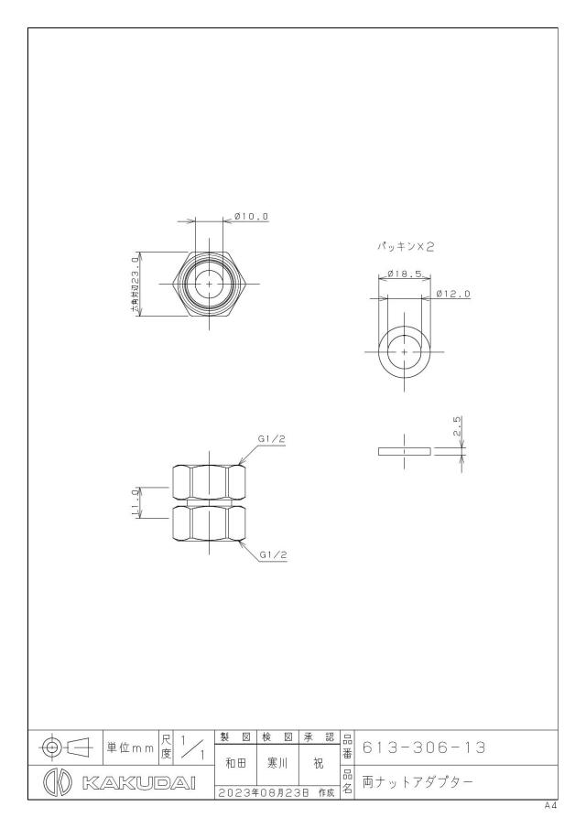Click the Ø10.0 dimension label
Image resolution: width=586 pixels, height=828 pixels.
pyautogui.click(x=252, y=217)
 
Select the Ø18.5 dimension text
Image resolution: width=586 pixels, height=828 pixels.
pyautogui.click(x=404, y=274)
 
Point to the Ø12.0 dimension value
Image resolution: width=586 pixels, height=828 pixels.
pyautogui.click(x=453, y=294)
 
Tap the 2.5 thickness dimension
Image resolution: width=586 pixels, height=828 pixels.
pyautogui.click(x=458, y=426)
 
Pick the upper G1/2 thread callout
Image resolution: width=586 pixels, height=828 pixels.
pyautogui.click(x=272, y=439)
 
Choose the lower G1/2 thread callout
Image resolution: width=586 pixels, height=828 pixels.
pyautogui.click(x=273, y=555)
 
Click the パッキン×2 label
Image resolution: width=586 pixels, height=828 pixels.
pyautogui.click(x=405, y=246)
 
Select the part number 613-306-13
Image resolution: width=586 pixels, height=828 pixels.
pyautogui.click(x=424, y=747)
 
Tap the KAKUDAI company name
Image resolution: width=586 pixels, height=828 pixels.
pyautogui.click(x=139, y=783)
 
